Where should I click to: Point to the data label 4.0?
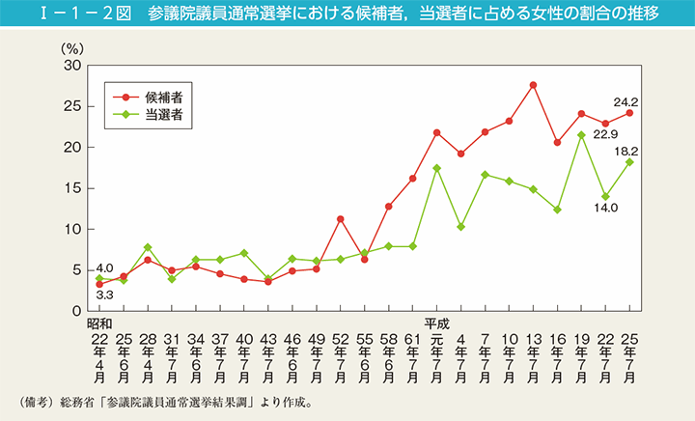105,267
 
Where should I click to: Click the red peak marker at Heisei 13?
533,85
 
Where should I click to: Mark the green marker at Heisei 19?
581,135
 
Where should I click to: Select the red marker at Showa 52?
340,219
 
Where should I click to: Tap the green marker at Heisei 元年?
436,168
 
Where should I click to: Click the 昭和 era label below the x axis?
99,323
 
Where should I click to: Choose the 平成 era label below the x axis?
436,323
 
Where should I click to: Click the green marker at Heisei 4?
460,227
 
